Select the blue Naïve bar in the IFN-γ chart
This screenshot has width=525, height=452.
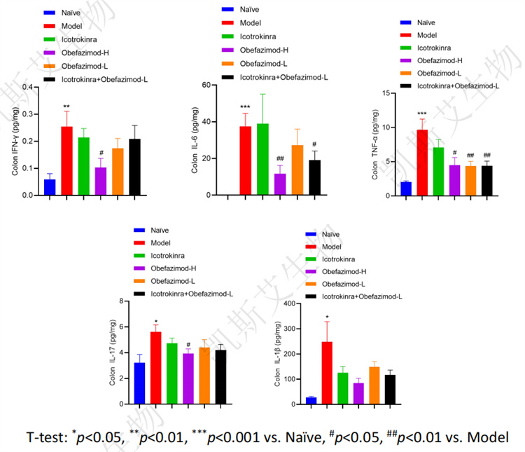pos(50,187)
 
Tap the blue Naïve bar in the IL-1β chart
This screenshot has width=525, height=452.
pos(311,401)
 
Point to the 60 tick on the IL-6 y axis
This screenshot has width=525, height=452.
pos(225,85)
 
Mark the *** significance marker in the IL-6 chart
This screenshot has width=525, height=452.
pos(245,107)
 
